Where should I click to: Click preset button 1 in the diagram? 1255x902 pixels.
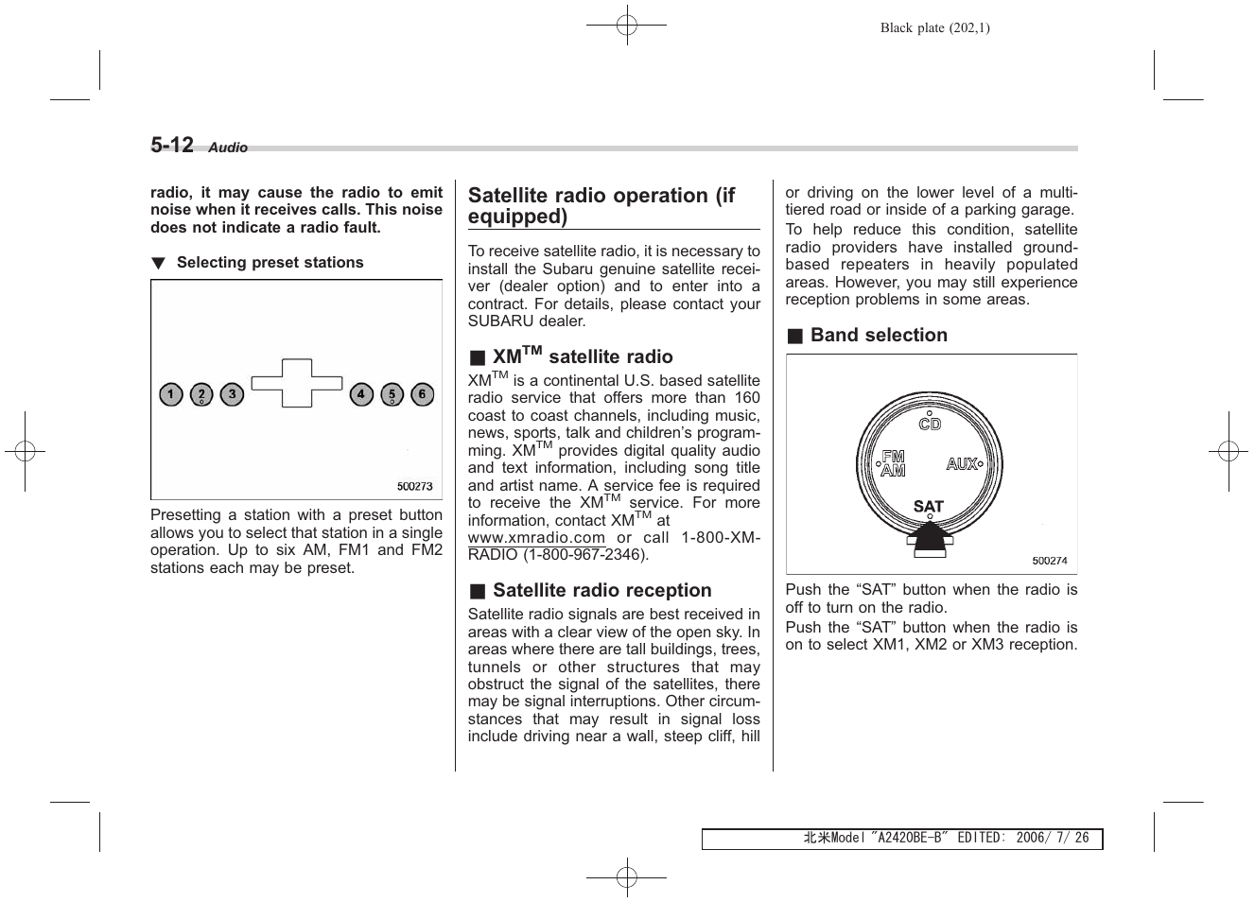[x=170, y=394]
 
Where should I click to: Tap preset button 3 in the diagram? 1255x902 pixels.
[x=232, y=394]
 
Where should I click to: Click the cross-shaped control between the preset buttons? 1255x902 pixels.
[x=297, y=383]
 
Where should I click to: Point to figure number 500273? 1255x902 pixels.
[x=414, y=486]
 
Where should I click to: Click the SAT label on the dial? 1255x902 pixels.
[x=929, y=507]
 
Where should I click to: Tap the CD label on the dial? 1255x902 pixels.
[x=930, y=424]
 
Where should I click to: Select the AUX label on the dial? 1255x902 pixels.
[x=963, y=464]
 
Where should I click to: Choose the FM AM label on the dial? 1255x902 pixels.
[x=893, y=463]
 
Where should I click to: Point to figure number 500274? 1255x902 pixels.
[x=1049, y=561]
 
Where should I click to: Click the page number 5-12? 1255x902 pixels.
[x=172, y=145]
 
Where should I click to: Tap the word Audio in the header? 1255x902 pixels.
[x=228, y=147]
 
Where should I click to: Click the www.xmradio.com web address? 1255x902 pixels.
[x=536, y=537]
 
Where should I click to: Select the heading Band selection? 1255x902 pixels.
[x=878, y=335]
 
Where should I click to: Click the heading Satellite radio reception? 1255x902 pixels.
[x=601, y=590]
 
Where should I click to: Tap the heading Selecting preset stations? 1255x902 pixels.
[x=270, y=263]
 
